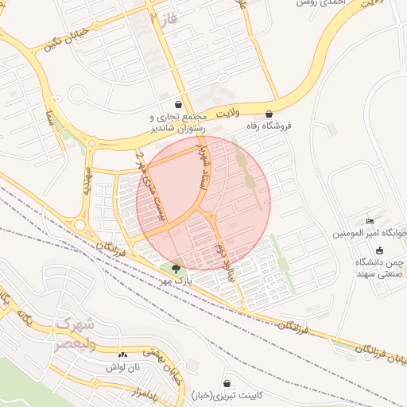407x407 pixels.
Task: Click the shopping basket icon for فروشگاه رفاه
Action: [269, 114]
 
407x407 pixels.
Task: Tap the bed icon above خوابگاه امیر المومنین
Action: [369, 221]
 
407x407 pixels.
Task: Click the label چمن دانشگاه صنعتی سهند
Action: [381, 267]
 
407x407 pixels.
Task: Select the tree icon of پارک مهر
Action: [175, 268]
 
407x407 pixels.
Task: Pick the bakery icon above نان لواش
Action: [122, 355]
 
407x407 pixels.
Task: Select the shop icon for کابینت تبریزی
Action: [227, 383]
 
